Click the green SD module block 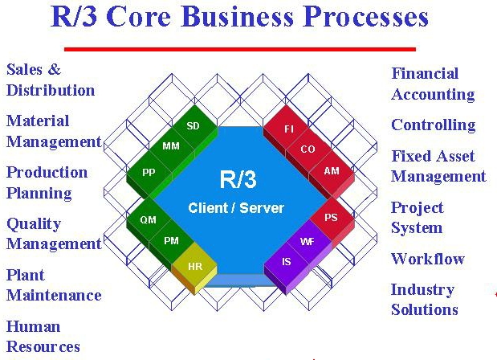pyautogui.click(x=194, y=127)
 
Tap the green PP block pyautogui.click(x=149, y=174)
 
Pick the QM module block pyautogui.click(x=149, y=221)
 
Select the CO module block pyautogui.click(x=308, y=150)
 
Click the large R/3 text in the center pyautogui.click(x=238, y=179)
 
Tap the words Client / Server pyautogui.click(x=236, y=208)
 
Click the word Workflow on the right pyautogui.click(x=428, y=259)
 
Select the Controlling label pyautogui.click(x=434, y=125)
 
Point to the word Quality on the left pyautogui.click(x=34, y=224)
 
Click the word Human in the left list pyautogui.click(x=33, y=326)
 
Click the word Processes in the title pyautogui.click(x=365, y=17)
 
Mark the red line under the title pyautogui.click(x=240, y=49)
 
